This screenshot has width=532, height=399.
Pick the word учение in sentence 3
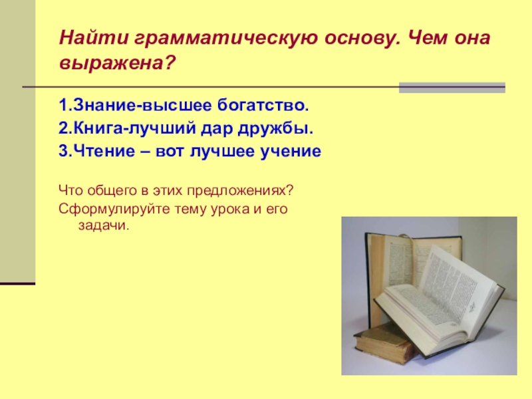pyautogui.click(x=289, y=152)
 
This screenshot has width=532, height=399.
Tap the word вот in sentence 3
pyautogui.click(x=170, y=152)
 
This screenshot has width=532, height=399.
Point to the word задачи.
pyautogui.click(x=105, y=225)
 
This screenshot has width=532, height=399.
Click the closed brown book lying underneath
pyautogui.click(x=382, y=342)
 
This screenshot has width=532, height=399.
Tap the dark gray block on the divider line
pyautogui.click(x=452, y=88)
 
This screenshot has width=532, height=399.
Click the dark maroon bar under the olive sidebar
pyautogui.click(x=17, y=283)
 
